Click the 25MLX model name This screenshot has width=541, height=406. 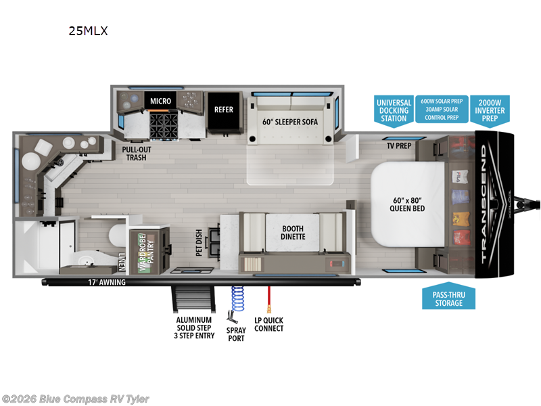point(87,30)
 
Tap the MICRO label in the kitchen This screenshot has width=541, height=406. point(160,101)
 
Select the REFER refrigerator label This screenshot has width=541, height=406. point(223,110)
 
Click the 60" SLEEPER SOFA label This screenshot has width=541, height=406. point(290,122)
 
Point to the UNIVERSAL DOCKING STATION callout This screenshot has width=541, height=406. point(393,110)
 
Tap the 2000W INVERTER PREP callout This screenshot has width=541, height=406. point(490,109)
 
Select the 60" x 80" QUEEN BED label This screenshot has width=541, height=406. point(407,205)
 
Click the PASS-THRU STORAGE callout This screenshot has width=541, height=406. point(449,298)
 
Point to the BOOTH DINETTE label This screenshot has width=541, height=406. point(293,232)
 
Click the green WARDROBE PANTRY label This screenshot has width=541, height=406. point(143,254)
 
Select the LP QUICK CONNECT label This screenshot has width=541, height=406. point(268,324)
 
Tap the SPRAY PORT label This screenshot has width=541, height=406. point(236,334)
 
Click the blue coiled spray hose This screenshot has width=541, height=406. point(237,298)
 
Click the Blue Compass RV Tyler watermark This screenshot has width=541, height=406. point(76,399)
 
